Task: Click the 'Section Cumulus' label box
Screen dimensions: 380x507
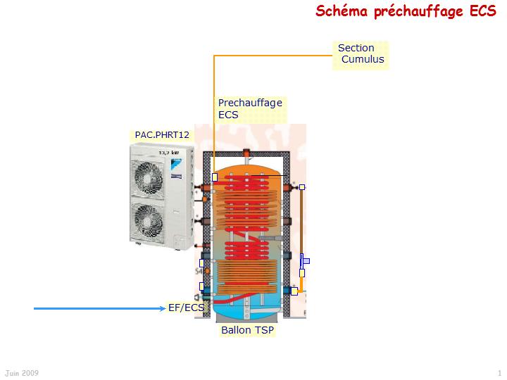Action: point(361,54)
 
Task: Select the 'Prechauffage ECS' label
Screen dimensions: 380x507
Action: point(250,108)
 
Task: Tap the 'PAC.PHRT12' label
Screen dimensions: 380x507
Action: point(162,134)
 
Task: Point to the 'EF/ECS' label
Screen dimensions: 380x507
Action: point(186,308)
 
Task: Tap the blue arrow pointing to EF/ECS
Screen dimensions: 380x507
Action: point(99,308)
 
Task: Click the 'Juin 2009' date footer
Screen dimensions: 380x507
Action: point(22,372)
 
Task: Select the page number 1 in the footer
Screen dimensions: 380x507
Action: point(499,372)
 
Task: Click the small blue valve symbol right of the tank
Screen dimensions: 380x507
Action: point(304,262)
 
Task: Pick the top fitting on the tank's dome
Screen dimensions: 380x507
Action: point(246,153)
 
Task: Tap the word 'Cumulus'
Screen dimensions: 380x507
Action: point(363,60)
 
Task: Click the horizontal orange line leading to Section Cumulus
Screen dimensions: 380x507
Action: point(275,54)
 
